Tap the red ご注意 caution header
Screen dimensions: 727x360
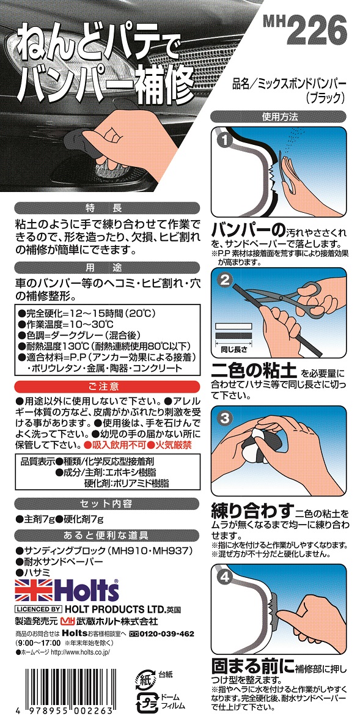point(107,386)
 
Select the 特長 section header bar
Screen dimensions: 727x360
point(107,207)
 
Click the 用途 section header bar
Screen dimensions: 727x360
point(107,267)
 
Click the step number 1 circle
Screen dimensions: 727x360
point(224,140)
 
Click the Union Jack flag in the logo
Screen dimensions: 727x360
point(34,590)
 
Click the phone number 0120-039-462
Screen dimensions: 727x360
point(160,633)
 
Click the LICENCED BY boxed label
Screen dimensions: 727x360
point(38,610)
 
